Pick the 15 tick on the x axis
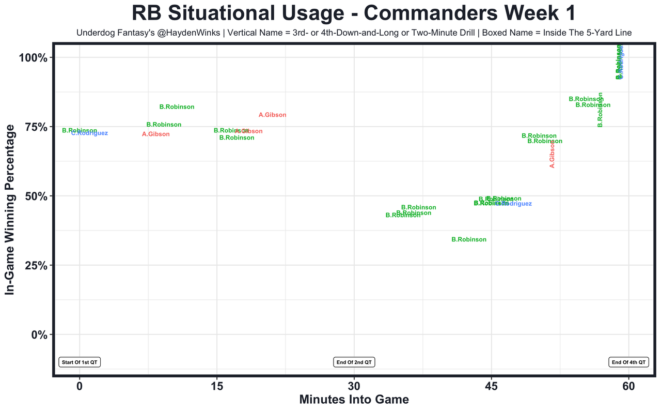(217, 387)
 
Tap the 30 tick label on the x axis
(354, 387)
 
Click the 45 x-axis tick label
(491, 387)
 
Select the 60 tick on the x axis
(628, 387)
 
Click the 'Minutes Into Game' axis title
(354, 400)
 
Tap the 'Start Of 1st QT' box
(80, 362)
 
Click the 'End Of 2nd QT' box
(354, 362)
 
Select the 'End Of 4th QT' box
(628, 362)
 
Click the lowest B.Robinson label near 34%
(469, 240)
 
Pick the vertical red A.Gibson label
(552, 154)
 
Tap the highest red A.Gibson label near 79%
(272, 115)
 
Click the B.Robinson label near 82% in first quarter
(177, 107)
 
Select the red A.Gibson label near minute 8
(155, 134)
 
